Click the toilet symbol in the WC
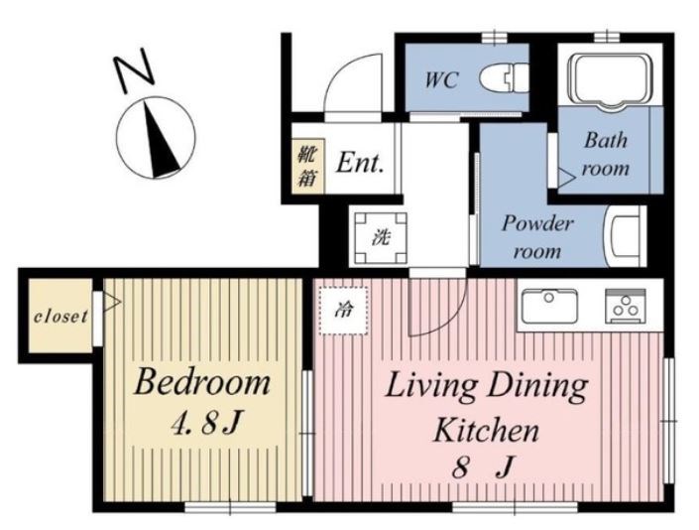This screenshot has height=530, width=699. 505,77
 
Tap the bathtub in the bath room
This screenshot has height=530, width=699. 611,81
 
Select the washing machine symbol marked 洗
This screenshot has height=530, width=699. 381,238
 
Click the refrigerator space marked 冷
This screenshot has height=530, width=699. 343,310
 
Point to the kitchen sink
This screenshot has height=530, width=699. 549,306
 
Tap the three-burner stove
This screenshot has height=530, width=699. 625,306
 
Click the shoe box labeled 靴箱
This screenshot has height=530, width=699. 308,166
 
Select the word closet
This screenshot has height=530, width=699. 61,317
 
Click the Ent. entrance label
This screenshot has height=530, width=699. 360,163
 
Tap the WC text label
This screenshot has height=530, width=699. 441,80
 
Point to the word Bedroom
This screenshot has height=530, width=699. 202,382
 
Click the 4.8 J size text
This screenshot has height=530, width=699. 206,422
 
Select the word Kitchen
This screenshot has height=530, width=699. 487,430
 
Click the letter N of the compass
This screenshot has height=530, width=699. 134,70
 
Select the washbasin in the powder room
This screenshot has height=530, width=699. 625,236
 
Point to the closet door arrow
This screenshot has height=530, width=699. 111,302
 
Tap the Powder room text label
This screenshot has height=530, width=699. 537,237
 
